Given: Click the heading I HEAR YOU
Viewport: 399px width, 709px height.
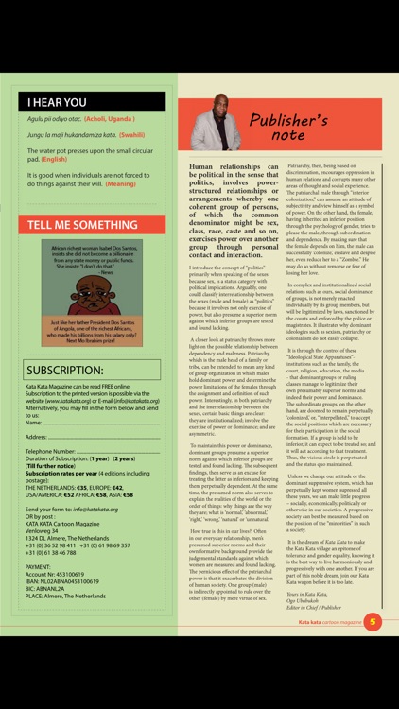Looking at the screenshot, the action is [57, 102].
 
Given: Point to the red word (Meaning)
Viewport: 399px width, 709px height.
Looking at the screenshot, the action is [121, 183].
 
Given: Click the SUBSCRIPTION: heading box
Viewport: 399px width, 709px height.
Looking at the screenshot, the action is [65, 370].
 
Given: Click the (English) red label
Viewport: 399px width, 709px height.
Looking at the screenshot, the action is [54, 159].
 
